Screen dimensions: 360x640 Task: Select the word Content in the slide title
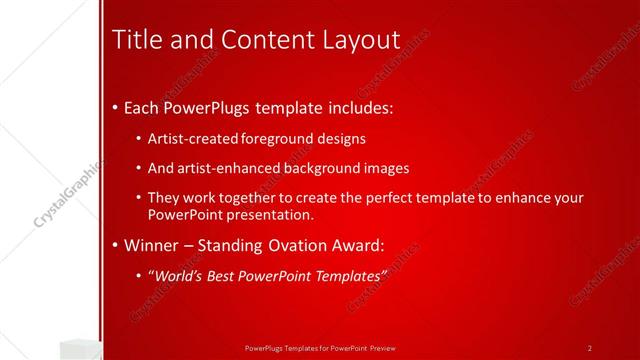[x=247, y=39]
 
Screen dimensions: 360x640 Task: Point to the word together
[x=250, y=198]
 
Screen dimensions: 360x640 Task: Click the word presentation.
[x=274, y=214]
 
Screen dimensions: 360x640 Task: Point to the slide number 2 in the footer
[x=590, y=347]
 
